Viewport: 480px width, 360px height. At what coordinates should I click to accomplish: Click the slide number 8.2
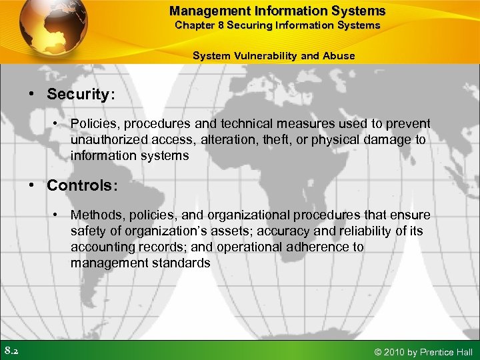coord(11,351)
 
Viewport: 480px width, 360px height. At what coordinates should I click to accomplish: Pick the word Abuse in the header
coord(339,56)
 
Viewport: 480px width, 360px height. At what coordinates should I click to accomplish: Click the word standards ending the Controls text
coord(181,263)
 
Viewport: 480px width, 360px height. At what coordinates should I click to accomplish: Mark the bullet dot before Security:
coord(31,95)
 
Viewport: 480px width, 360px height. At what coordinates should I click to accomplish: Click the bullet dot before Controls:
coord(31,185)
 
